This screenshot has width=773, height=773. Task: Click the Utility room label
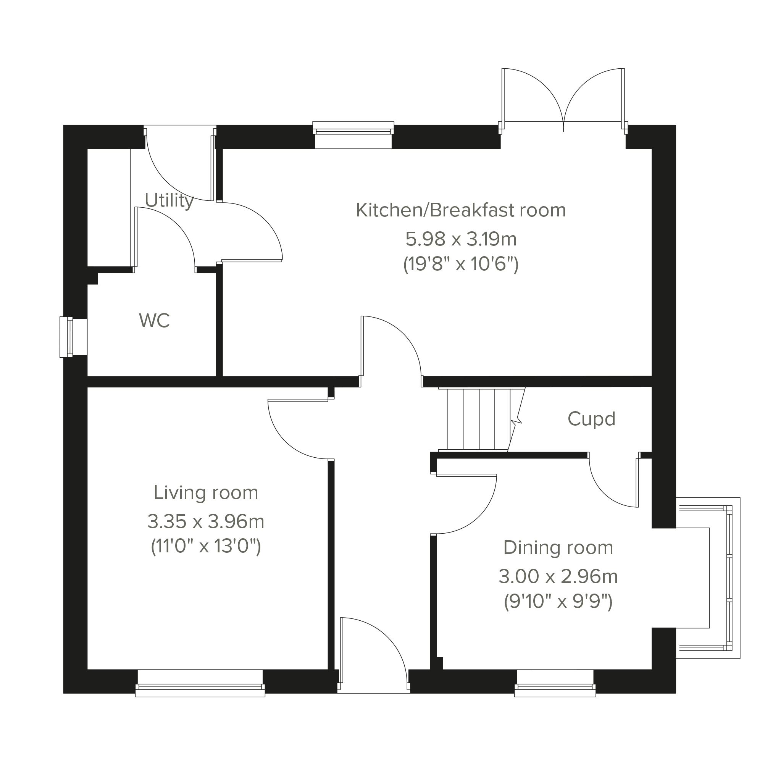[x=169, y=201]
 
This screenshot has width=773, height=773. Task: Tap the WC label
[x=155, y=321]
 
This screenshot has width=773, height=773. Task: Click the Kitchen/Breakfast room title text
[x=461, y=210]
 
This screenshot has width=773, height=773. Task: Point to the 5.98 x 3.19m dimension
[x=461, y=239]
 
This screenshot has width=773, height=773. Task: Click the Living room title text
[x=206, y=492]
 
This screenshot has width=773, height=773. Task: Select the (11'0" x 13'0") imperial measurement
[x=206, y=547]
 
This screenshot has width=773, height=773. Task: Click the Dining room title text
[x=558, y=548]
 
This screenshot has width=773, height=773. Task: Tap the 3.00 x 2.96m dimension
[x=558, y=576]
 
